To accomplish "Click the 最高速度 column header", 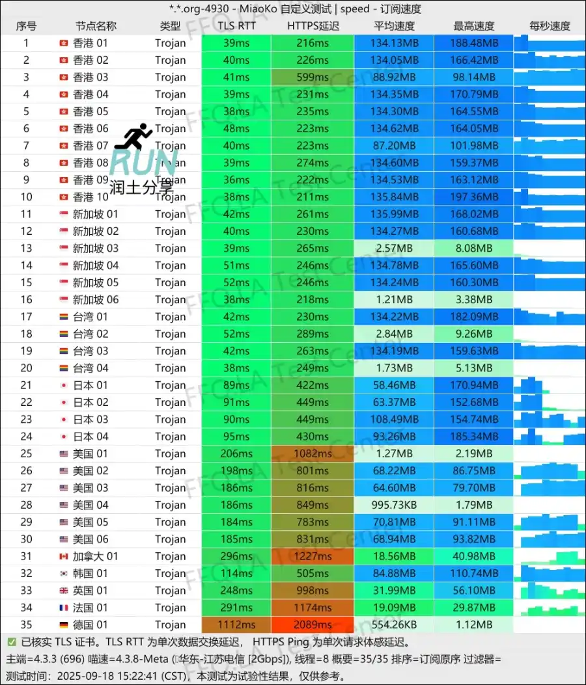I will click(x=473, y=26).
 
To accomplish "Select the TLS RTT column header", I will click(x=236, y=26).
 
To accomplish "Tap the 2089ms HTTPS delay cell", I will click(x=313, y=625).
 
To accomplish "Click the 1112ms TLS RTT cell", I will click(x=236, y=625).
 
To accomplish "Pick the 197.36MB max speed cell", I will click(x=473, y=196).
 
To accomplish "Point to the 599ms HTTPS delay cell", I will click(x=313, y=77).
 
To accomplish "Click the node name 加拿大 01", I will click(x=95, y=556).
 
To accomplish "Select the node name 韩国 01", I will click(x=90, y=573).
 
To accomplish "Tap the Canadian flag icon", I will click(x=63, y=556).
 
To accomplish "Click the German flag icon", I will click(x=63, y=625).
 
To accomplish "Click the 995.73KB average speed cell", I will click(x=393, y=505).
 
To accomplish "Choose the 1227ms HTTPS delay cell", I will click(x=313, y=556).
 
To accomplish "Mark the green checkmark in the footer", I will click(x=12, y=642).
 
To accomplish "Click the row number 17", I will click(x=26, y=316).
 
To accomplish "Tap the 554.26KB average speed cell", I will click(x=393, y=625).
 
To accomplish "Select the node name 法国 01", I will click(x=90, y=608).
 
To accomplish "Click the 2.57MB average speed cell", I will click(x=393, y=248).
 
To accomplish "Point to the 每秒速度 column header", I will click(x=550, y=26).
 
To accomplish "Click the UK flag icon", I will click(x=63, y=591).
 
